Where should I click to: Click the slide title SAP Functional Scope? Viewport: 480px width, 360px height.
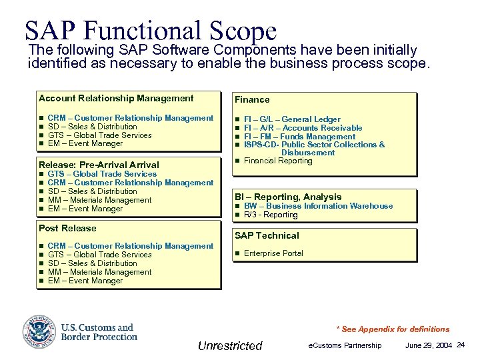click(150, 30)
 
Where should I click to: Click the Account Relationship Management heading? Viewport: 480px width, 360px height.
click(116, 98)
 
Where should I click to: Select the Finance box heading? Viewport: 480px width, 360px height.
click(252, 99)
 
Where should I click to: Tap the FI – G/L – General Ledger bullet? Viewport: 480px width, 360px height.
click(292, 119)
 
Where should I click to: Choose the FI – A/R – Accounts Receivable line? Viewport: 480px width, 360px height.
click(303, 128)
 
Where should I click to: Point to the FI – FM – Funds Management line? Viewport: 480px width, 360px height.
click(299, 137)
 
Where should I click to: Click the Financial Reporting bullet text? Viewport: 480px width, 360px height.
click(278, 161)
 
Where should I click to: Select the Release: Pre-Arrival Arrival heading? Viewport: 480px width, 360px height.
click(99, 165)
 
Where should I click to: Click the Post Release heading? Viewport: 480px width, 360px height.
click(67, 228)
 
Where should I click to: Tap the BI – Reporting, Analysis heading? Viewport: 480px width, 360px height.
click(288, 197)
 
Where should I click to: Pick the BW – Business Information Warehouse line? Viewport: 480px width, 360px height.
click(318, 206)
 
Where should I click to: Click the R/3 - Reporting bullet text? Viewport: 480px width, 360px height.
click(271, 215)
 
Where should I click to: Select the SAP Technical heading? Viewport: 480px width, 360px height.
click(267, 235)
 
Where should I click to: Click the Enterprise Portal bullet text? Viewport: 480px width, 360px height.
click(273, 253)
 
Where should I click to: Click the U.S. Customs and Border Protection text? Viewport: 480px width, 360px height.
click(99, 332)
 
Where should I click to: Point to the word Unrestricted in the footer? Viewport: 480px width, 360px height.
click(230, 345)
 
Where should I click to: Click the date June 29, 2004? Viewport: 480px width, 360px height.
click(427, 345)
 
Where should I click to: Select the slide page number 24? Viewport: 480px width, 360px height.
click(461, 345)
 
